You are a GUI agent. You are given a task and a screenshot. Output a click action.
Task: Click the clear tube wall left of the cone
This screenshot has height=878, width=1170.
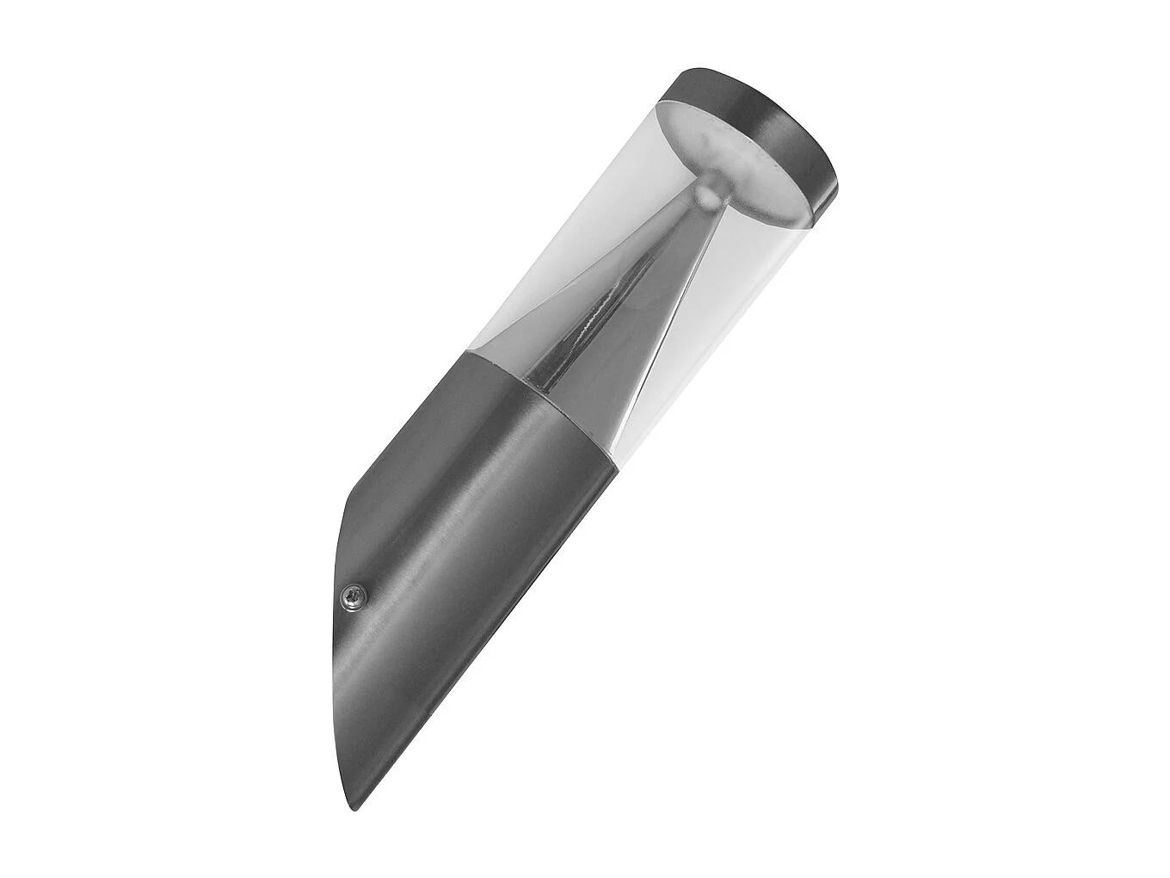(551, 258)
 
